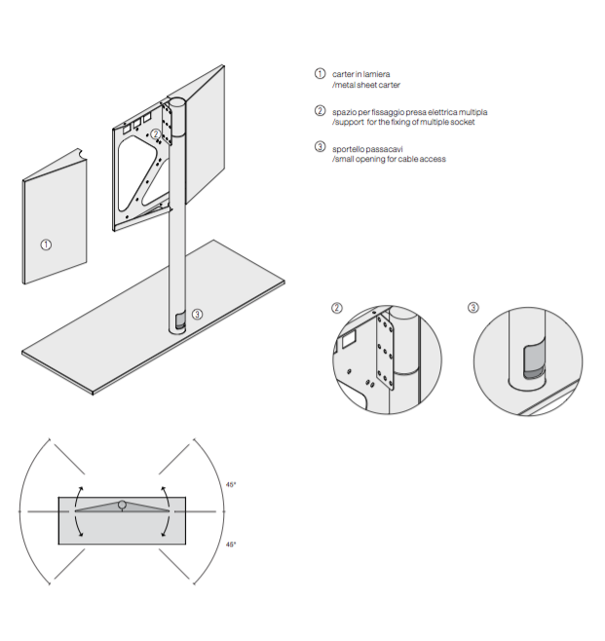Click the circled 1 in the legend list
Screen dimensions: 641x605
320,74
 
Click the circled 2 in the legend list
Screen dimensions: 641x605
320,111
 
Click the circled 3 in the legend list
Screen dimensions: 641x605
320,148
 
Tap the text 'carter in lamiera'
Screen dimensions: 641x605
362,74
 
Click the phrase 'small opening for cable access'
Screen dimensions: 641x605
390,159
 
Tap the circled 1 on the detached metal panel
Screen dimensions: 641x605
46,243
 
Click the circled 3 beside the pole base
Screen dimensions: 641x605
197,314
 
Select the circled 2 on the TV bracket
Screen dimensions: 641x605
156,133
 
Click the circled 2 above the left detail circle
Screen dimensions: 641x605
337,308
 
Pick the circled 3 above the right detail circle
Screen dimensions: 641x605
473,308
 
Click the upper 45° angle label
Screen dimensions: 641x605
231,484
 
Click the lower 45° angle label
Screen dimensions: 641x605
231,545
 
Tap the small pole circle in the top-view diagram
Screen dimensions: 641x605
121,505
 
